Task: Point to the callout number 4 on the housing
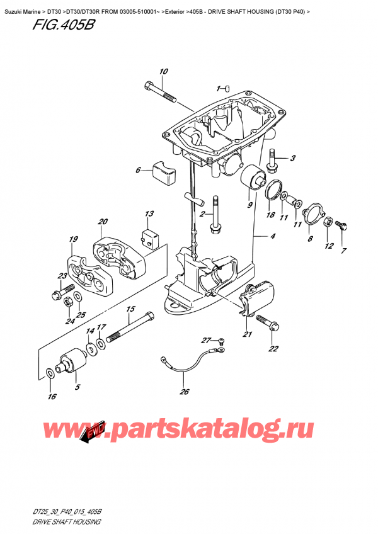point(273,237)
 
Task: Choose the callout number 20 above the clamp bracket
point(103,221)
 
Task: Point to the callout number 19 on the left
point(74,239)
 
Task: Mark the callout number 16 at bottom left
point(52,396)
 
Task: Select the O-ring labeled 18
point(272,188)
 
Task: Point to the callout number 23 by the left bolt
point(62,276)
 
